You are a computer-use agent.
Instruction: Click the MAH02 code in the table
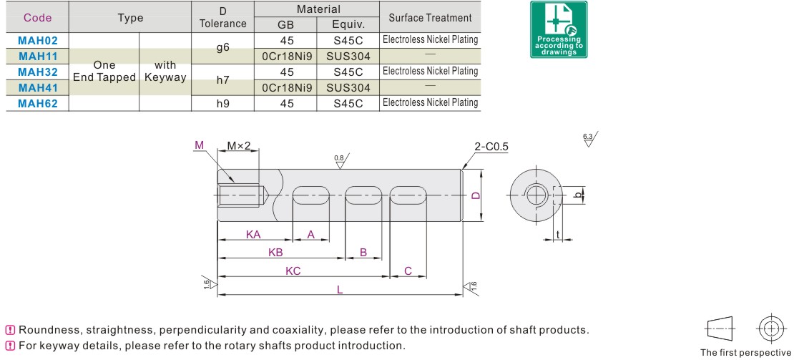pyautogui.click(x=38, y=41)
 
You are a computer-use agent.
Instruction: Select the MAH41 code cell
pyautogui.click(x=38, y=87)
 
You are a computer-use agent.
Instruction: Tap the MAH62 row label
pyautogui.click(x=38, y=104)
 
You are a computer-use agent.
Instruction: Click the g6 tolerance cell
pyautogui.click(x=222, y=48)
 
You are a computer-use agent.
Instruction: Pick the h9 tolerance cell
pyautogui.click(x=222, y=104)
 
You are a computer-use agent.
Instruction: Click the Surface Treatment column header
pyautogui.click(x=431, y=18)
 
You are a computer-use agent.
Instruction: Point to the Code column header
pyautogui.click(x=37, y=18)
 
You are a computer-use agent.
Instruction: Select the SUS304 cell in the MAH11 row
pyautogui.click(x=348, y=57)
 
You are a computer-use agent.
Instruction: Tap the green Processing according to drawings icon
pyautogui.click(x=559, y=29)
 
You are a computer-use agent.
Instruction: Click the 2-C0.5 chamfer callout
pyautogui.click(x=491, y=147)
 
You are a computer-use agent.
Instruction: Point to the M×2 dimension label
pyautogui.click(x=238, y=146)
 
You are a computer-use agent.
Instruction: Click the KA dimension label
pyautogui.click(x=253, y=235)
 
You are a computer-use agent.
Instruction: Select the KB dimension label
pyautogui.click(x=275, y=252)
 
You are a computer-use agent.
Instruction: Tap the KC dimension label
pyautogui.click(x=293, y=271)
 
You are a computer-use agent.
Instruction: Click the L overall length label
pyautogui.click(x=340, y=290)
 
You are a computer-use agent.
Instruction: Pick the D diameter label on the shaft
pyautogui.click(x=475, y=195)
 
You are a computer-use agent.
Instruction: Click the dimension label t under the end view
pyautogui.click(x=557, y=234)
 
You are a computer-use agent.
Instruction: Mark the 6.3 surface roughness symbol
pyautogui.click(x=589, y=139)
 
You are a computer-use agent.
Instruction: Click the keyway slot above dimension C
pyautogui.click(x=408, y=195)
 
